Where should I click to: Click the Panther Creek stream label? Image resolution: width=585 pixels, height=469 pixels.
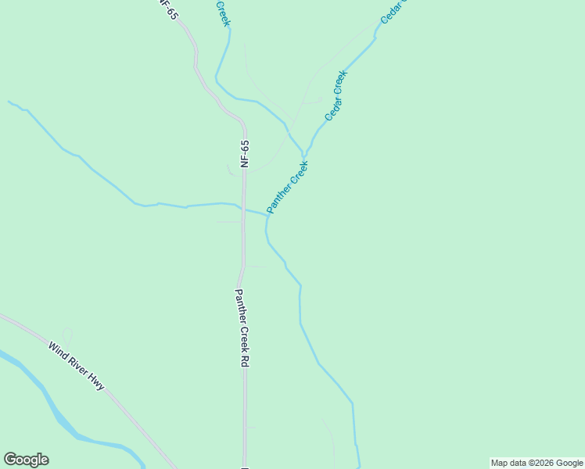[288, 188]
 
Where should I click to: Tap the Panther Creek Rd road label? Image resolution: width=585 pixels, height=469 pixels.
[242, 328]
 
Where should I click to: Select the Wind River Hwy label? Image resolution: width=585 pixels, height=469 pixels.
[76, 366]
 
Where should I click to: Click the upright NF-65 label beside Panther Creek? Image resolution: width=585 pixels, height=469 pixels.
[245, 154]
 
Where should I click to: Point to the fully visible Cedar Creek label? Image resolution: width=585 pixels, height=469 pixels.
[336, 95]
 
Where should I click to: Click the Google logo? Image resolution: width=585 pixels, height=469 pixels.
[26, 460]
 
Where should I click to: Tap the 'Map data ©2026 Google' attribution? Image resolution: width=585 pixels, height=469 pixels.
[537, 463]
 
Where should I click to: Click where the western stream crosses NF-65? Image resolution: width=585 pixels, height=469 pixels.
[243, 209]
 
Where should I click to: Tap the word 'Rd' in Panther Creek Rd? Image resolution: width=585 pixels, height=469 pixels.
[244, 361]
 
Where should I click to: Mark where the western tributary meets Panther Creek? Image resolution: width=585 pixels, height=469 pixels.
[268, 216]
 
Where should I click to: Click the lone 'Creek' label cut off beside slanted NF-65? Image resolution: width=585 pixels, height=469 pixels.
[223, 13]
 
